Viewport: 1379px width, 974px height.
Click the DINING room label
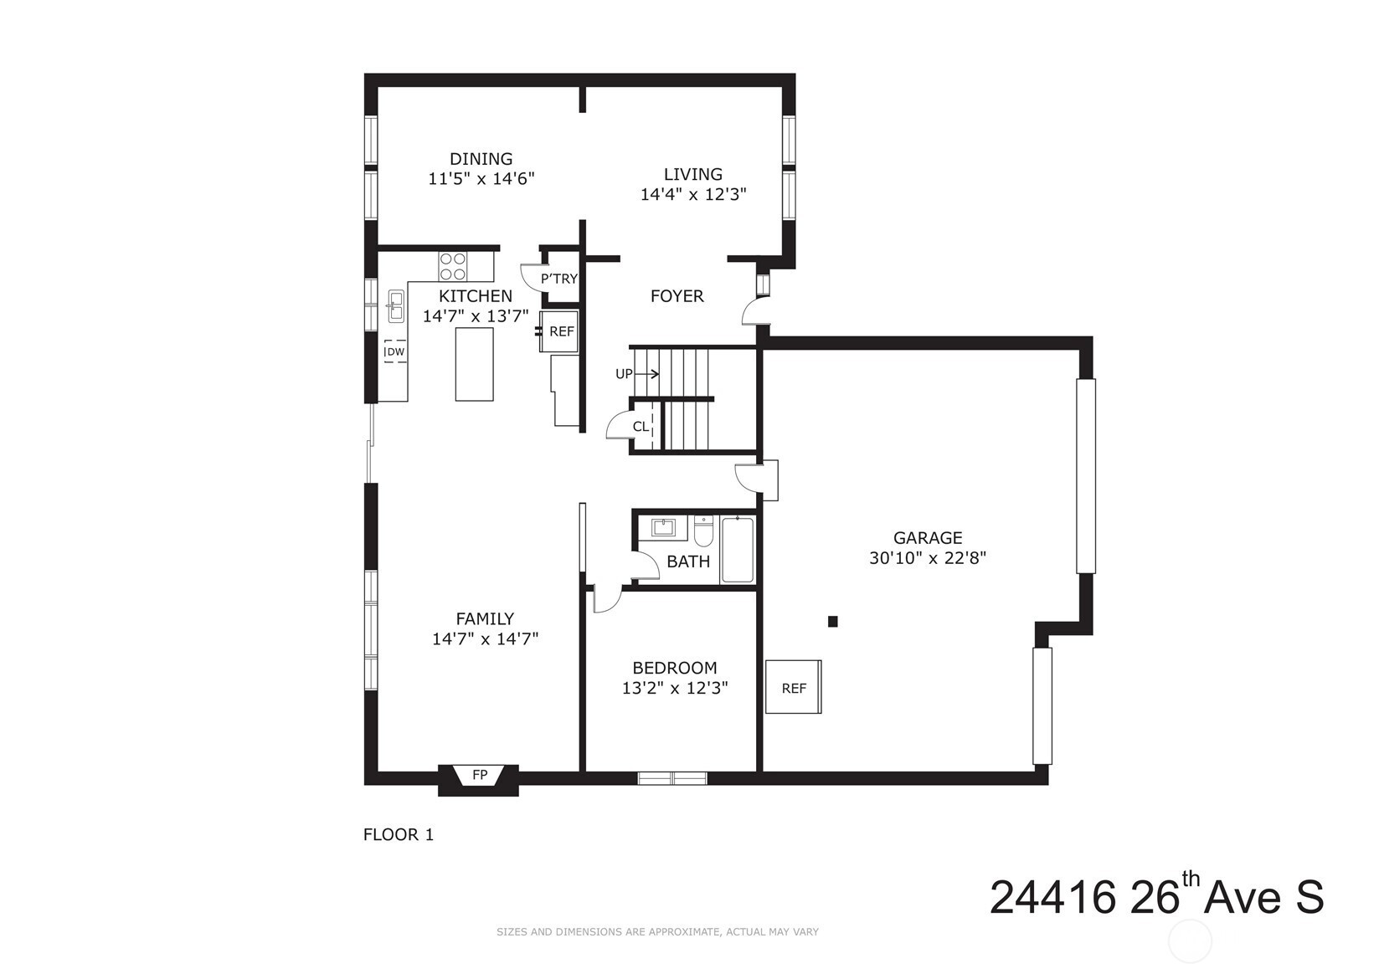coord(481,159)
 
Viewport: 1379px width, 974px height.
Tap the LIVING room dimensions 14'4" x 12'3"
coord(693,194)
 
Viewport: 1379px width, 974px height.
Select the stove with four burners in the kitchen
coord(452,266)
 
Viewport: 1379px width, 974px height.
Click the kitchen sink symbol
coord(395,306)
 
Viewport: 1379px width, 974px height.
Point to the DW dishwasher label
coord(395,352)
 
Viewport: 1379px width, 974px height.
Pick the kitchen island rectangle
coord(474,364)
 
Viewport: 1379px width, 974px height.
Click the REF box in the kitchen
coord(559,331)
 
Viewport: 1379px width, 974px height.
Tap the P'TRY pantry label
coord(559,279)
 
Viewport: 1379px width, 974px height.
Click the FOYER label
coord(677,296)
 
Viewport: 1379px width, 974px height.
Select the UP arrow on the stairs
coord(646,373)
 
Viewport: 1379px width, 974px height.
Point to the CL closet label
coord(641,427)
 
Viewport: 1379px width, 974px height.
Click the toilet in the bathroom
coord(703,531)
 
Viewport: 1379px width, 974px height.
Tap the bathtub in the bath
coord(738,550)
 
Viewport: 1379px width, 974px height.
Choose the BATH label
coord(688,561)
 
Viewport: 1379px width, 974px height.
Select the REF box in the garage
coord(794,687)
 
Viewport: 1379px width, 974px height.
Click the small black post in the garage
coord(833,622)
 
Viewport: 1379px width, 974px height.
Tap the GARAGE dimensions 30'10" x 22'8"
coord(928,558)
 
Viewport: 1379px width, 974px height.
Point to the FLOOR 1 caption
coord(399,834)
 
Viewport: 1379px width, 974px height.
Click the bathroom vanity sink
coord(663,528)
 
